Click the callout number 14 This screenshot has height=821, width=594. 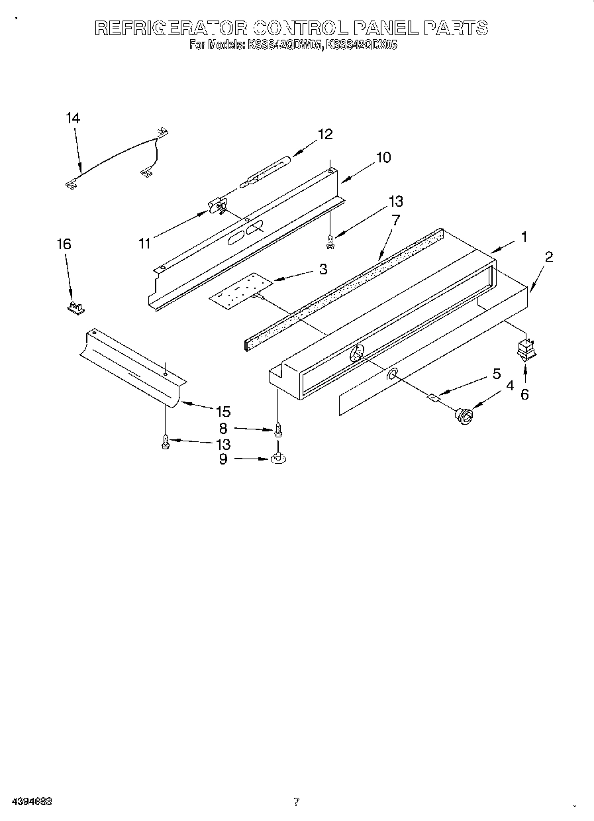point(73,118)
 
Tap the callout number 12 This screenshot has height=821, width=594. point(324,134)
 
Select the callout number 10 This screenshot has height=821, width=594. point(383,158)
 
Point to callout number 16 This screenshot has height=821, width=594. point(64,244)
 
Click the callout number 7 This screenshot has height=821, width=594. point(395,220)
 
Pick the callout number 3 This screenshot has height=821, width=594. point(323,268)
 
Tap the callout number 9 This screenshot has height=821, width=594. point(223,459)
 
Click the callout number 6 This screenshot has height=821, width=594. point(524,394)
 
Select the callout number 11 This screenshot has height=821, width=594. point(145,243)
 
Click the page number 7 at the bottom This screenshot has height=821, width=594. point(296,802)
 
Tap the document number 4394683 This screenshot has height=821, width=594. point(31,802)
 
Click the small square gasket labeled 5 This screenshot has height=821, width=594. point(435,398)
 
